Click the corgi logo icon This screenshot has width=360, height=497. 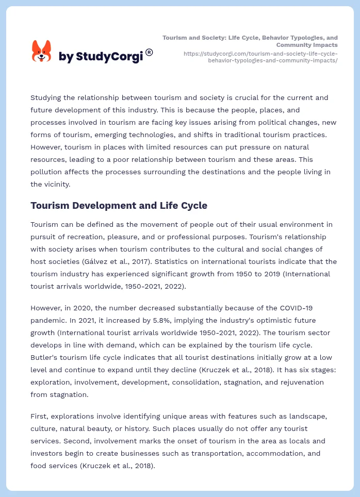click(42, 51)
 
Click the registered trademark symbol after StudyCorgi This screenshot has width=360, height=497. click(149, 52)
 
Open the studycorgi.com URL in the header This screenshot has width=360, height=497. click(260, 57)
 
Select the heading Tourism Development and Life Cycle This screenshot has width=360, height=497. click(119, 205)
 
